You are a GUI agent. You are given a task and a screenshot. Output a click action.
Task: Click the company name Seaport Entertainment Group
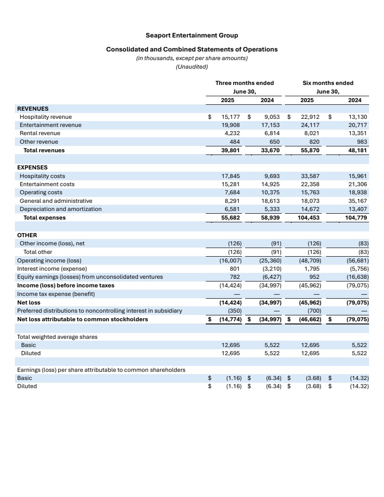tap(192, 35)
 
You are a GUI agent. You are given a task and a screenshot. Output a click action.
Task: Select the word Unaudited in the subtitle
tap(192, 67)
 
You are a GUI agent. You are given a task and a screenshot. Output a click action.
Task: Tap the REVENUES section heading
tap(33, 108)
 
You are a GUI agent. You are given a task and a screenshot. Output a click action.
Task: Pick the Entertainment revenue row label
tap(51, 125)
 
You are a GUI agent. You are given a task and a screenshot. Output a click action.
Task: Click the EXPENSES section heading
tap(32, 167)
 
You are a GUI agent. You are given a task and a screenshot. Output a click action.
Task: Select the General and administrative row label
tap(56, 201)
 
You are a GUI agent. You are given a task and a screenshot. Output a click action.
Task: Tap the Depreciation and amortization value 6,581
tap(232, 209)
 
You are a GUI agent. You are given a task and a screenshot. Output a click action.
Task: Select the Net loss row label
tap(28, 303)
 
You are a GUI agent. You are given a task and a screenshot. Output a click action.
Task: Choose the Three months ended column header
tap(244, 83)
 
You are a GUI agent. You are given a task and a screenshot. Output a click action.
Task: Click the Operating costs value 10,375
tap(271, 192)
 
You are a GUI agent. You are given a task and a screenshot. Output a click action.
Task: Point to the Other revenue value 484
tap(235, 142)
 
